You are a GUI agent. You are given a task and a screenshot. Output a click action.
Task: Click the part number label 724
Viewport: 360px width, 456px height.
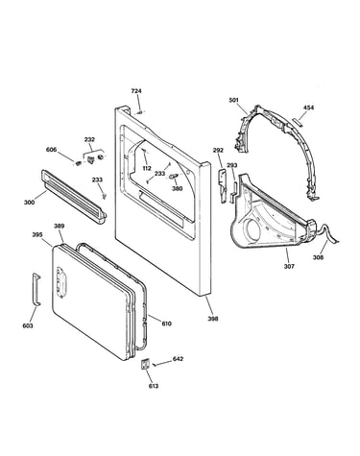(x=136, y=91)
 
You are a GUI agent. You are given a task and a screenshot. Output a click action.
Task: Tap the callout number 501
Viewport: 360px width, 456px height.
(x=234, y=101)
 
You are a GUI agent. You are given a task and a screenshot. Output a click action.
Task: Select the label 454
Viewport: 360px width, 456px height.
(x=308, y=108)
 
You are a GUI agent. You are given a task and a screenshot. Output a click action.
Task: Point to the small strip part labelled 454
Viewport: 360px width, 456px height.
(x=297, y=121)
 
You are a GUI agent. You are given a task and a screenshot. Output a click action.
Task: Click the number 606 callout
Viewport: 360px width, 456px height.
(x=51, y=150)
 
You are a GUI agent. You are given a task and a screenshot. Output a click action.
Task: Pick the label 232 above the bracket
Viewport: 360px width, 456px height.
(x=89, y=139)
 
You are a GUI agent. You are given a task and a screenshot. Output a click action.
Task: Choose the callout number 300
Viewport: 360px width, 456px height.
(x=29, y=203)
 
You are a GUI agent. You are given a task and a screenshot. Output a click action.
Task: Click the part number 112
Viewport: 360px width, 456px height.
(x=147, y=168)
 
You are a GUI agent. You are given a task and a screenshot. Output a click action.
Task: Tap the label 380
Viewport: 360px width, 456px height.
(x=177, y=189)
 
